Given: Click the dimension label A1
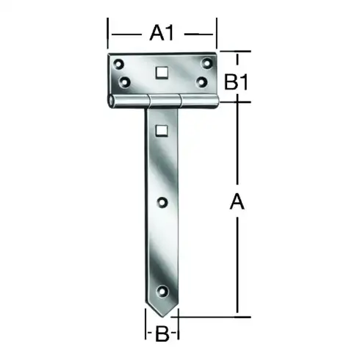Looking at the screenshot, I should (162, 32).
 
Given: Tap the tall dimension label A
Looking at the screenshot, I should (236, 203).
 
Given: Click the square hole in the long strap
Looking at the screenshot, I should (162, 131).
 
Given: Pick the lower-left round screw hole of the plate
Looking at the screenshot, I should (123, 81).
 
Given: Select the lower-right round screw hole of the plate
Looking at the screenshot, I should (200, 82).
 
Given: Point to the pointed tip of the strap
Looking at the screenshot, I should (162, 316).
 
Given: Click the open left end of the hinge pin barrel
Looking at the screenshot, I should (112, 99).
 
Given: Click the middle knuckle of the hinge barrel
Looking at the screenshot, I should (163, 99).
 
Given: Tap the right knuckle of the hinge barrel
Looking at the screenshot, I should (198, 99).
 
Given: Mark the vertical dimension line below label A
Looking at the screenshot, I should (237, 264).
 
